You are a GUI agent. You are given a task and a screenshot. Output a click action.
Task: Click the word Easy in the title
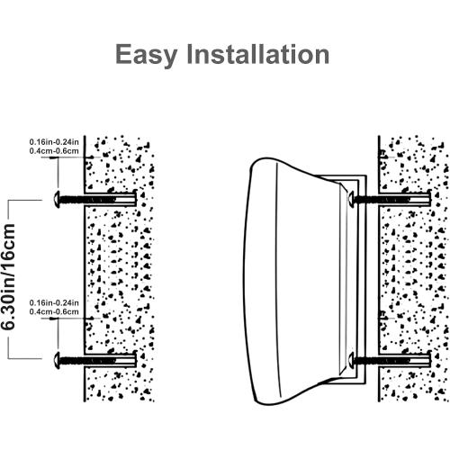pos(146,56)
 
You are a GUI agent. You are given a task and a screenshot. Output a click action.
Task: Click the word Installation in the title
pos(258,54)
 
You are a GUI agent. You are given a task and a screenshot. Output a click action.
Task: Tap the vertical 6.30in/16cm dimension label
pos(7,276)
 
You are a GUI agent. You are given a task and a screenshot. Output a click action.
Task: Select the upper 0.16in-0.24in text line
pos(54,141)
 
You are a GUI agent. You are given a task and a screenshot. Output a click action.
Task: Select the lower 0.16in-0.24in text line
pos(54,302)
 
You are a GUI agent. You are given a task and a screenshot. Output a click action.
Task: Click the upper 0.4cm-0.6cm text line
pos(54,150)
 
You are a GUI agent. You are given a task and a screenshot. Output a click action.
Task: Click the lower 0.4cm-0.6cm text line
pos(54,311)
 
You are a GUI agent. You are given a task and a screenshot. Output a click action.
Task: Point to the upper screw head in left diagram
pos(57,200)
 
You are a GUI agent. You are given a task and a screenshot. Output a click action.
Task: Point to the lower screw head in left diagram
pos(57,360)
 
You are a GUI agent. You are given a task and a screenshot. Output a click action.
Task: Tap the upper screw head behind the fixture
pos(351,198)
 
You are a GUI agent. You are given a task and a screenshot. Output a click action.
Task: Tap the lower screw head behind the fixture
pos(351,359)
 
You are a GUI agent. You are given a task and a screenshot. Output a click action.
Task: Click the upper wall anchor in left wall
pos(111,200)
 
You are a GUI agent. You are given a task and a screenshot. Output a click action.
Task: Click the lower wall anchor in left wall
pos(111,360)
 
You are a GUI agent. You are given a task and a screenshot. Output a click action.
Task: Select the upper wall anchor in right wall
pos(405,198)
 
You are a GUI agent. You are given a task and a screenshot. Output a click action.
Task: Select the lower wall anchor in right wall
pos(405,359)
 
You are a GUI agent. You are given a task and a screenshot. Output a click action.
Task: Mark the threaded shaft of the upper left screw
pos(87,200)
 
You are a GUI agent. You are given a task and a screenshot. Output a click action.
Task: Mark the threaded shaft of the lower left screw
pos(87,360)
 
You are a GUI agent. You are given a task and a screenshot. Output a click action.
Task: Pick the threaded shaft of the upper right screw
pos(382,198)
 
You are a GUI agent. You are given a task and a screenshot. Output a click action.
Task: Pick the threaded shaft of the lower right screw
pos(382,359)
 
